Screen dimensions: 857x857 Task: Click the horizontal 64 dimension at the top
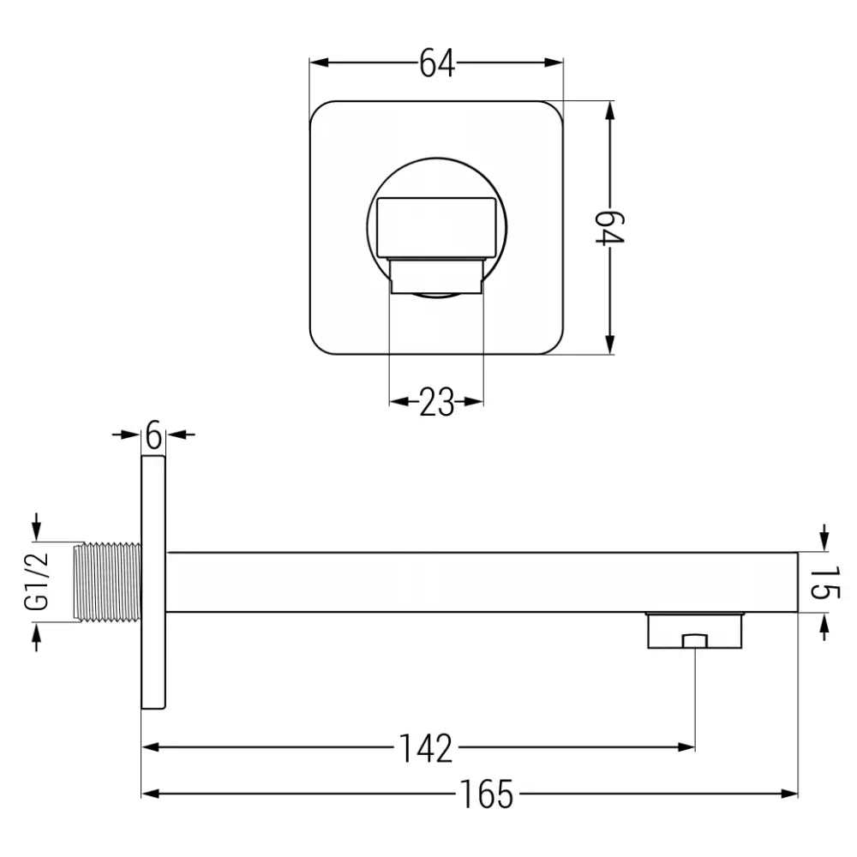[x=436, y=63]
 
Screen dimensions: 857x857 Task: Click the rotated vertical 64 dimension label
[x=611, y=228]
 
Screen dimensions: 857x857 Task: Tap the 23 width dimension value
[x=436, y=402]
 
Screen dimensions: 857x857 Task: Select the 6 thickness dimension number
[x=153, y=435]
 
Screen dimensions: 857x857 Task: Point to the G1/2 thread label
[x=37, y=582]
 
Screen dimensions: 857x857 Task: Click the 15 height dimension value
[x=824, y=583]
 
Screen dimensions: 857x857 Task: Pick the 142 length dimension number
[x=425, y=747]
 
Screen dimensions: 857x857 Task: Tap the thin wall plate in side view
[x=153, y=582]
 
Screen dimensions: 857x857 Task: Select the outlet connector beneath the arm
[x=694, y=631]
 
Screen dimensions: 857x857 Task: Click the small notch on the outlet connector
[x=694, y=641]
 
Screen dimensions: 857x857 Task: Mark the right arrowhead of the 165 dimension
[x=789, y=794]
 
